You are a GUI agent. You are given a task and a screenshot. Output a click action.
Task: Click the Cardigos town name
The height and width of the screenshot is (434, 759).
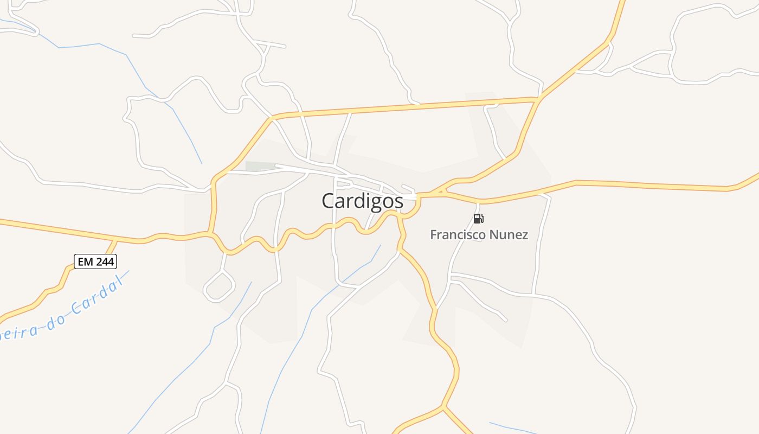(362, 201)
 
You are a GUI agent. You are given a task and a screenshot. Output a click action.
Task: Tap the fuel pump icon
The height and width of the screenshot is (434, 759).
(478, 219)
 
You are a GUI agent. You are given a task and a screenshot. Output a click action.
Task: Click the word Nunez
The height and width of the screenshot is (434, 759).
(509, 235)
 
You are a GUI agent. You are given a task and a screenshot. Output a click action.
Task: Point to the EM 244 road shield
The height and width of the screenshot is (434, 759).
(95, 261)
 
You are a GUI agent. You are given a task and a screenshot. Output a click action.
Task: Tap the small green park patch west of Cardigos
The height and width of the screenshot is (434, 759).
(254, 166)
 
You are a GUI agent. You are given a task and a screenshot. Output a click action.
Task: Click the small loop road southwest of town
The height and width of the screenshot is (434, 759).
(219, 286)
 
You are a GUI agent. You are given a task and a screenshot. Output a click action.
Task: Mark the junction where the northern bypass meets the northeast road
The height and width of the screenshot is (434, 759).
(537, 99)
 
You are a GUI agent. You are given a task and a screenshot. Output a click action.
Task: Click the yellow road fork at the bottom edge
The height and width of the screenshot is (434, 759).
(443, 406)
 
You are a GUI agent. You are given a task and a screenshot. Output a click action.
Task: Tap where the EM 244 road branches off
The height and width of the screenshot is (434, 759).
(115, 240)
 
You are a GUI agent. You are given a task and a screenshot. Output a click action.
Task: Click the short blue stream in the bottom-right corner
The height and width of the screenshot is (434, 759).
(512, 427)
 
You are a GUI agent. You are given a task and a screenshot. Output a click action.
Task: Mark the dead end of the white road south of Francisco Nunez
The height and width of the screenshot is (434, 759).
(506, 320)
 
